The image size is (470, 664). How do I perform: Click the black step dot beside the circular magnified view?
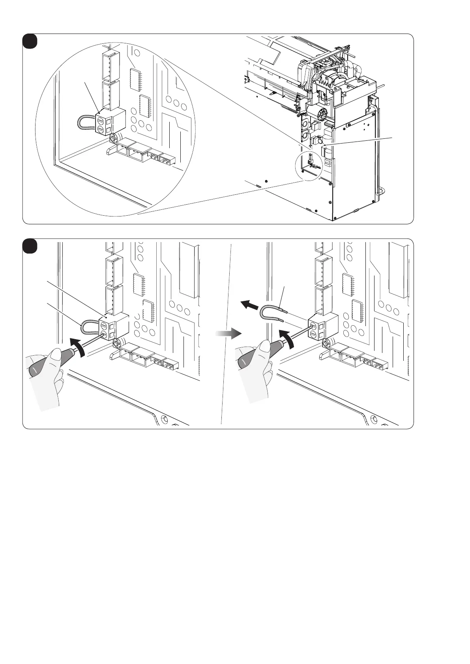[x=30, y=41]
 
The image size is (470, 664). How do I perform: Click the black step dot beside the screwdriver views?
[x=30, y=246]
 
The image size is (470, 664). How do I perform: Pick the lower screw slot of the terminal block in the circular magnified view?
[x=101, y=129]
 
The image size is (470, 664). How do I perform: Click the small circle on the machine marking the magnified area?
[x=309, y=167]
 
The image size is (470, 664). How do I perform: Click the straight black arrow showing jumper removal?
[x=249, y=305]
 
